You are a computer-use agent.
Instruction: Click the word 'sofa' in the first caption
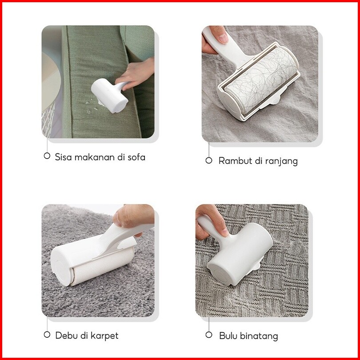coord(136,157)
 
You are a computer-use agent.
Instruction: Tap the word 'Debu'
coord(66,336)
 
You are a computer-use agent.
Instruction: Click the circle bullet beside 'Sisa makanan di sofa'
coord(47,156)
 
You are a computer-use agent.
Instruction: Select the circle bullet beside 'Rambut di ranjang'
coord(209,160)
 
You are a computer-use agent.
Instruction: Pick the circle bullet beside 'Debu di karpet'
coord(47,335)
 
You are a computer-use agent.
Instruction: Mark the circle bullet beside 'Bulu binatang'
coord(209,335)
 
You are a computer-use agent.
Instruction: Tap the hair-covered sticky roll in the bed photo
coord(261,81)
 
